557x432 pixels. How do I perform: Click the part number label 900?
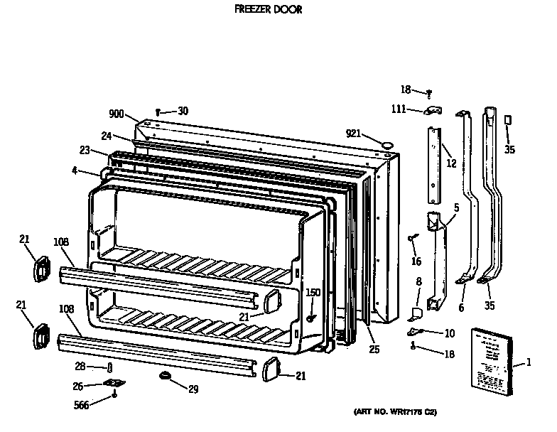tap(117, 113)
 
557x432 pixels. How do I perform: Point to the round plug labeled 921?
tap(387, 144)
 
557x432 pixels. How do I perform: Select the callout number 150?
tap(313, 293)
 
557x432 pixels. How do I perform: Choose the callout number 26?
tap(78, 386)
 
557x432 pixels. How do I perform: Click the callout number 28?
tap(80, 366)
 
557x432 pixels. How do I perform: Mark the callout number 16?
tap(416, 261)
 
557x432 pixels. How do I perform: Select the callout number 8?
tap(418, 283)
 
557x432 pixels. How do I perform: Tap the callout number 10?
tap(449, 333)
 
